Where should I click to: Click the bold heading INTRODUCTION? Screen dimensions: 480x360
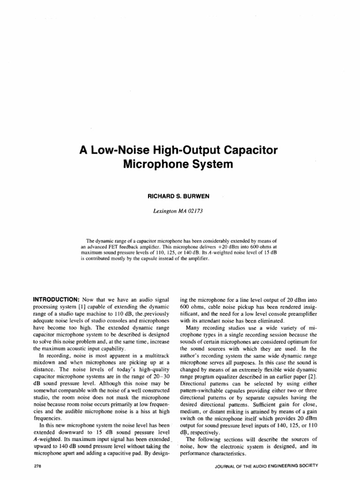tap(55, 299)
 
